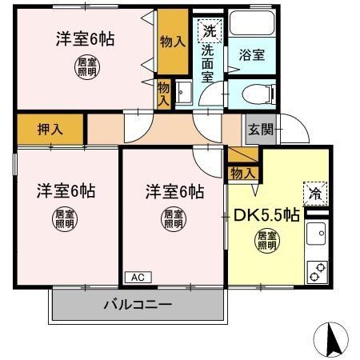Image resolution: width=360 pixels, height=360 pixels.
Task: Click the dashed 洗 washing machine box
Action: pos(209,32)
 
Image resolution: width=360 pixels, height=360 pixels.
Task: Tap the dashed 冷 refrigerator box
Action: pos(314,192)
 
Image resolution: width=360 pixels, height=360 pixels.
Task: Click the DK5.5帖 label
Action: pos(266,214)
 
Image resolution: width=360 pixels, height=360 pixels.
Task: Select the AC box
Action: pos(137,277)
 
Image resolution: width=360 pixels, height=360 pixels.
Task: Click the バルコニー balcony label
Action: pos(137,305)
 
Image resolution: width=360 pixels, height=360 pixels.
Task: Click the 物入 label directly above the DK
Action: pos(242,172)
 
